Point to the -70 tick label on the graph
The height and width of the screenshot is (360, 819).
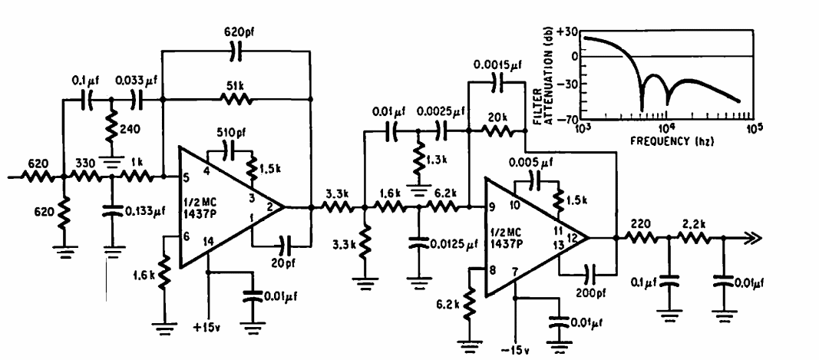click(569, 119)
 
